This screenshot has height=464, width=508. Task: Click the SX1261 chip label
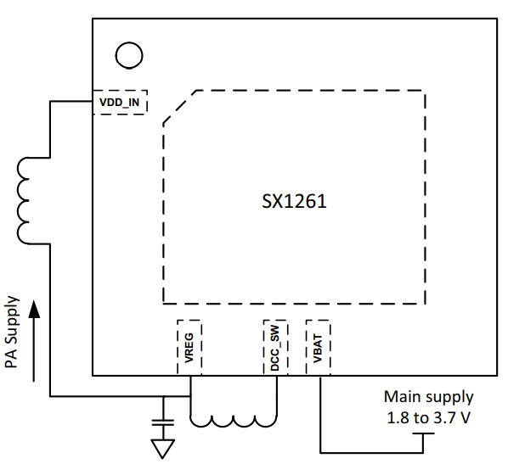pyautogui.click(x=294, y=201)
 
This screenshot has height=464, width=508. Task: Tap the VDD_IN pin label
pyautogui.click(x=119, y=103)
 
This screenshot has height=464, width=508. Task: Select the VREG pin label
pyautogui.click(x=189, y=348)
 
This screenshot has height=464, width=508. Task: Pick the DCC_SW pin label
pyautogui.click(x=275, y=348)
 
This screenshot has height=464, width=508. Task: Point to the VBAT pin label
pyautogui.click(x=318, y=348)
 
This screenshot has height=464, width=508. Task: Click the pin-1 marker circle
pyautogui.click(x=129, y=55)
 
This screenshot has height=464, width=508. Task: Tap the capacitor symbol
pyautogui.click(x=163, y=422)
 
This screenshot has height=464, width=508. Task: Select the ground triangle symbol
pyautogui.click(x=163, y=449)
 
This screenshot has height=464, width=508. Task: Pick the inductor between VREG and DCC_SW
pyautogui.click(x=234, y=421)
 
